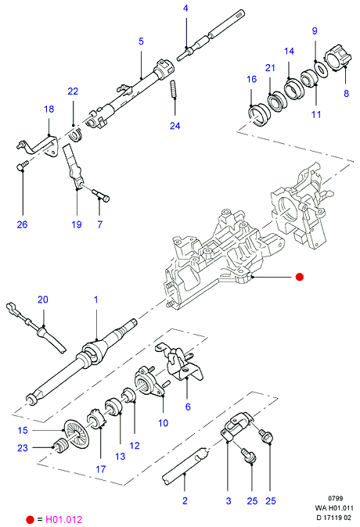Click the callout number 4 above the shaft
pyautogui.click(x=185, y=8)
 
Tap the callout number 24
pyautogui.click(x=175, y=126)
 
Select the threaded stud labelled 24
pyautogui.click(x=175, y=90)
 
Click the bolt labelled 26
pyautogui.click(x=22, y=166)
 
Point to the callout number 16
pyautogui.click(x=252, y=79)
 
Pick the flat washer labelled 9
pyautogui.click(x=322, y=69)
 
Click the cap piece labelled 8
pyautogui.click(x=338, y=60)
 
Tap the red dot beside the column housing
pyautogui.click(x=300, y=277)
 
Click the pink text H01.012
pyautogui.click(x=63, y=519)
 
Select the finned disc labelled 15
pyautogui.click(x=76, y=434)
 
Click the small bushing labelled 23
pyautogui.click(x=61, y=446)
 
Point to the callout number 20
pyautogui.click(x=43, y=299)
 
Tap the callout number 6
pyautogui.click(x=188, y=407)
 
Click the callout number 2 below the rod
pyautogui.click(x=185, y=500)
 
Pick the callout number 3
pyautogui.click(x=229, y=500)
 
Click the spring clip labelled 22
pyautogui.click(x=76, y=134)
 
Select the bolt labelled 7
pyautogui.click(x=100, y=195)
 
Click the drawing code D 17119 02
pyautogui.click(x=333, y=518)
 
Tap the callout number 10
pyautogui.click(x=164, y=423)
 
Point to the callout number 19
pyautogui.click(x=77, y=224)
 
